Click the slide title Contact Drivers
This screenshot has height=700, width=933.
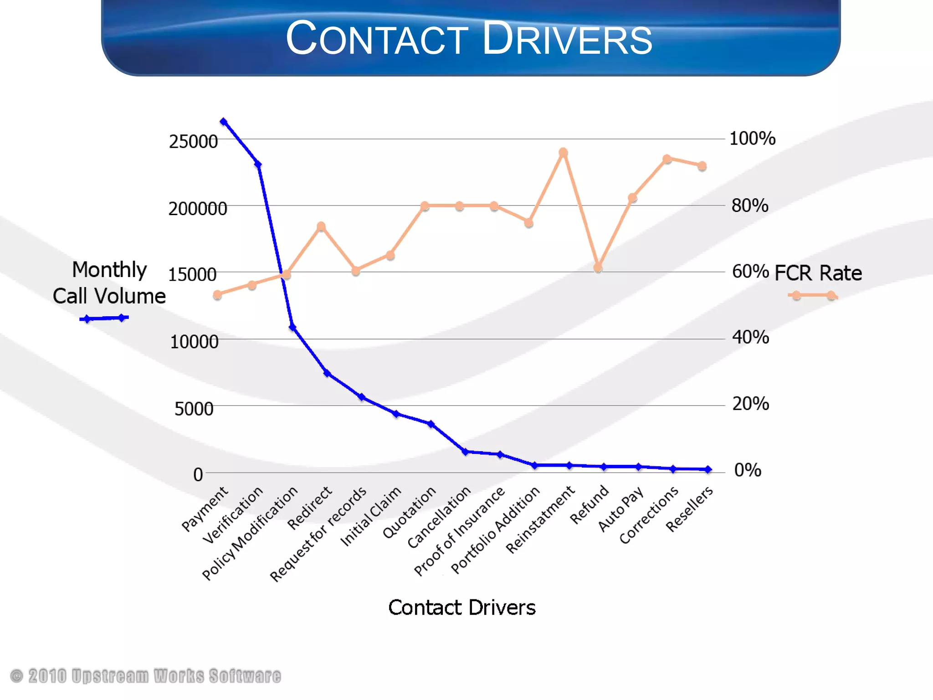[x=469, y=39]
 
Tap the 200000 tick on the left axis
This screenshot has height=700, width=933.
[x=198, y=209]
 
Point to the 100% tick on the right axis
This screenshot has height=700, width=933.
[x=752, y=139]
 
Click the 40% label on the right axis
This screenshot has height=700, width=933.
[x=750, y=338]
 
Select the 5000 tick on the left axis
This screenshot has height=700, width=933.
[x=194, y=409]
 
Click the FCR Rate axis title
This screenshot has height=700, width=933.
[x=818, y=273]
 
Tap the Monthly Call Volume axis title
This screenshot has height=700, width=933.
[x=109, y=283]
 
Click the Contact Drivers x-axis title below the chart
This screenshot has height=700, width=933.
[x=461, y=607]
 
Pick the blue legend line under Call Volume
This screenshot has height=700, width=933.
[x=104, y=318]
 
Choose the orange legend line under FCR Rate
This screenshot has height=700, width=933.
[x=813, y=295]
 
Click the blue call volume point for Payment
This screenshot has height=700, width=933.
[x=223, y=122]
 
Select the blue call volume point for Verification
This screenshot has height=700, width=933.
[x=258, y=165]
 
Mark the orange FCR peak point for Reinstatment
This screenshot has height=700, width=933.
[x=563, y=152]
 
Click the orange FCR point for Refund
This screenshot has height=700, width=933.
[x=598, y=268]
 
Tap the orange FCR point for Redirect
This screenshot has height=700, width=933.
[x=321, y=226]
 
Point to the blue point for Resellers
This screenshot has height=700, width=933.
[x=708, y=469]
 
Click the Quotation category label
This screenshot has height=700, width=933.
[x=409, y=512]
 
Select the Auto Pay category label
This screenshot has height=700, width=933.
[x=620, y=509]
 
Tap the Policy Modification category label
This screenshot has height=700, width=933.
[x=250, y=533]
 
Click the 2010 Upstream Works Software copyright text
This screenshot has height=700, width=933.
[x=146, y=676]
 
